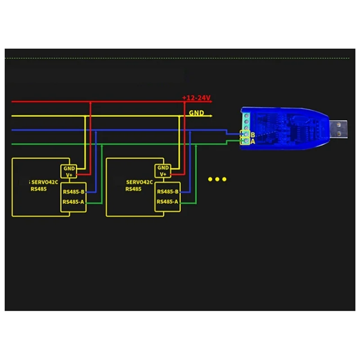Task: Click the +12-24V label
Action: click(x=196, y=98)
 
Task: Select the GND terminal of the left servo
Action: click(x=69, y=168)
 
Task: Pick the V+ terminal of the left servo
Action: click(x=69, y=174)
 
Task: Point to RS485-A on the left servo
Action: click(x=74, y=202)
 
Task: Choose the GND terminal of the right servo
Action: click(x=162, y=168)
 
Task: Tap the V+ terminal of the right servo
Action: click(x=162, y=174)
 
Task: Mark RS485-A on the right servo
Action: click(x=168, y=202)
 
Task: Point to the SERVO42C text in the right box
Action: click(x=139, y=182)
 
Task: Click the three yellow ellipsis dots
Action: click(x=217, y=180)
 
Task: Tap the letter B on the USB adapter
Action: click(x=253, y=135)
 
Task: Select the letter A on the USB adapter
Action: click(x=253, y=141)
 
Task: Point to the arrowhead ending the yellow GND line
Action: click(x=210, y=116)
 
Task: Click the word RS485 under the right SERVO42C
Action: click(x=134, y=189)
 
